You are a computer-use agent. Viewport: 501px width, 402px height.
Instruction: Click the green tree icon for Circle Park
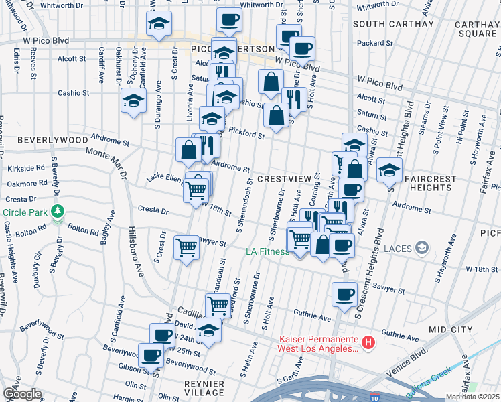coord(58,212)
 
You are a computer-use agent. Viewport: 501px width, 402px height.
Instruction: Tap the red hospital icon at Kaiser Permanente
coord(367,343)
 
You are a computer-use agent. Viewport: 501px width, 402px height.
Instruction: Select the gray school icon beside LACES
coord(421,249)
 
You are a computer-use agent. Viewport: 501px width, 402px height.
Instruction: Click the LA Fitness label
coord(266,251)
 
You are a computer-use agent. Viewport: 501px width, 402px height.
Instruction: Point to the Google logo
coord(21,394)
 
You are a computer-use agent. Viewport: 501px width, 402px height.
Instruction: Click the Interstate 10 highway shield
coord(373,398)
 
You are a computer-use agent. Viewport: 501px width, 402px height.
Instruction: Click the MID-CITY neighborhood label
coord(451,330)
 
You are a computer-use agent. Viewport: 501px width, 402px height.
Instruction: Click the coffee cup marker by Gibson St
coord(151,354)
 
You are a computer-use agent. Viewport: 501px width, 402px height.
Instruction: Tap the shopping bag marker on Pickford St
coord(277,115)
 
